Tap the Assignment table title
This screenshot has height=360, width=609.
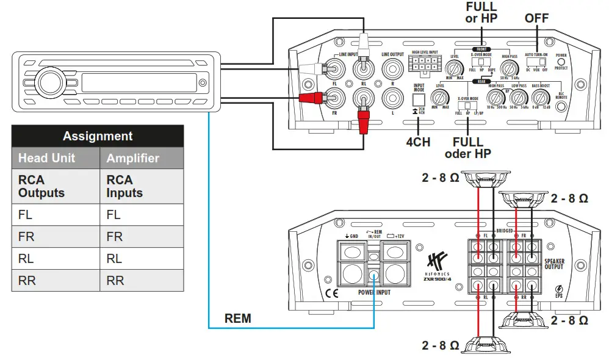pyautogui.click(x=98, y=136)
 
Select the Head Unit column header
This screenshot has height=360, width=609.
pyautogui.click(x=46, y=158)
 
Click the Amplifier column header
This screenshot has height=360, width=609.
pyautogui.click(x=132, y=158)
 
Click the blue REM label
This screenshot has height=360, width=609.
pyautogui.click(x=237, y=319)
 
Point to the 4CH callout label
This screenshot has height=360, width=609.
pyautogui.click(x=418, y=142)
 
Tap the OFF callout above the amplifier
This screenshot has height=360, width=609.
pyautogui.click(x=536, y=18)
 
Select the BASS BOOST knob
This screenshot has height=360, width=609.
pyautogui.click(x=539, y=98)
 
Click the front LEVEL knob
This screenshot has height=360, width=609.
pyautogui.click(x=454, y=68)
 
